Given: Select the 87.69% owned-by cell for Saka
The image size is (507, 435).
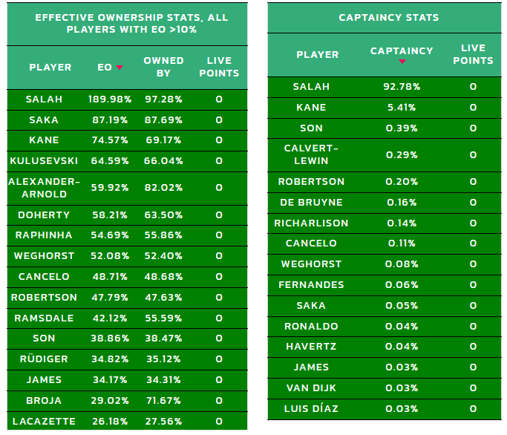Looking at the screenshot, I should pos(163,120).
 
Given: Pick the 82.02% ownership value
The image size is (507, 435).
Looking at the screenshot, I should pos(163,188).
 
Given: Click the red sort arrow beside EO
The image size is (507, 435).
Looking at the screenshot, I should pos(120,68).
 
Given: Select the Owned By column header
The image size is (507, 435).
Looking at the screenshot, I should pos(163,67).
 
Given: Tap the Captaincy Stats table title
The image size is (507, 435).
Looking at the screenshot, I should pos(388,17).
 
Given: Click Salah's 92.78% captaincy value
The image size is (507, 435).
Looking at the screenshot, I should pos(402,87).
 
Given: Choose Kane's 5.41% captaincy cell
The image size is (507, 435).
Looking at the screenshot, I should pos(402,108).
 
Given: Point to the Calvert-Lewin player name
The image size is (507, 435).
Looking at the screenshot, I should pos(311,154).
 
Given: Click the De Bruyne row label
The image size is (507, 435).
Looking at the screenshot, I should pos(311,202).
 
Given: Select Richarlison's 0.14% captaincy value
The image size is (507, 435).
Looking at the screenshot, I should pos(402,223).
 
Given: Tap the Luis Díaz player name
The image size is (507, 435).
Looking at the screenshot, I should pos(311,408).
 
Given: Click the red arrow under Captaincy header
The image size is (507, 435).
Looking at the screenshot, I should pos(402,62).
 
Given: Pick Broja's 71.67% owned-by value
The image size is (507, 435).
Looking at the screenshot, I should pos(163,400).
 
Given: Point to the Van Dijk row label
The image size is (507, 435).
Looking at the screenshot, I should pos(311,387).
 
